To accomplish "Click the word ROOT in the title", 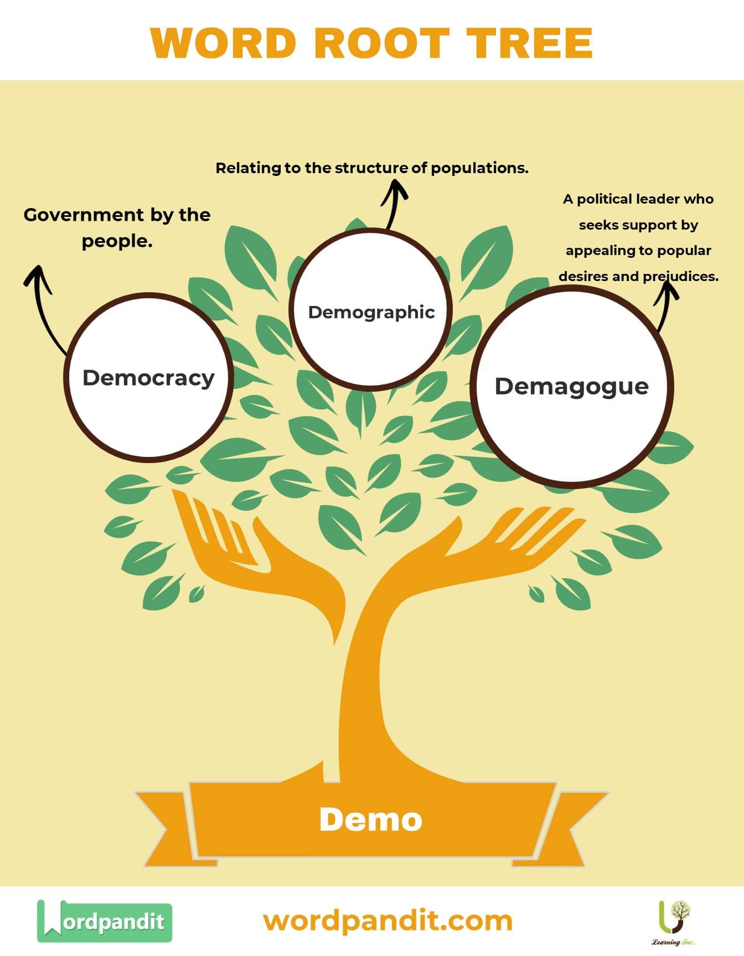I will (x=382, y=43).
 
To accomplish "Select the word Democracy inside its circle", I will (x=148, y=378).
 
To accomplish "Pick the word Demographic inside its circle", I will (x=371, y=312).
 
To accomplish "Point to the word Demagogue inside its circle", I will (x=571, y=386).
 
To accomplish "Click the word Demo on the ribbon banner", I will (x=370, y=819).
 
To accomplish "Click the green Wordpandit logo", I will (x=104, y=921).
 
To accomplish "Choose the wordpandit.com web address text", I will (x=387, y=921).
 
